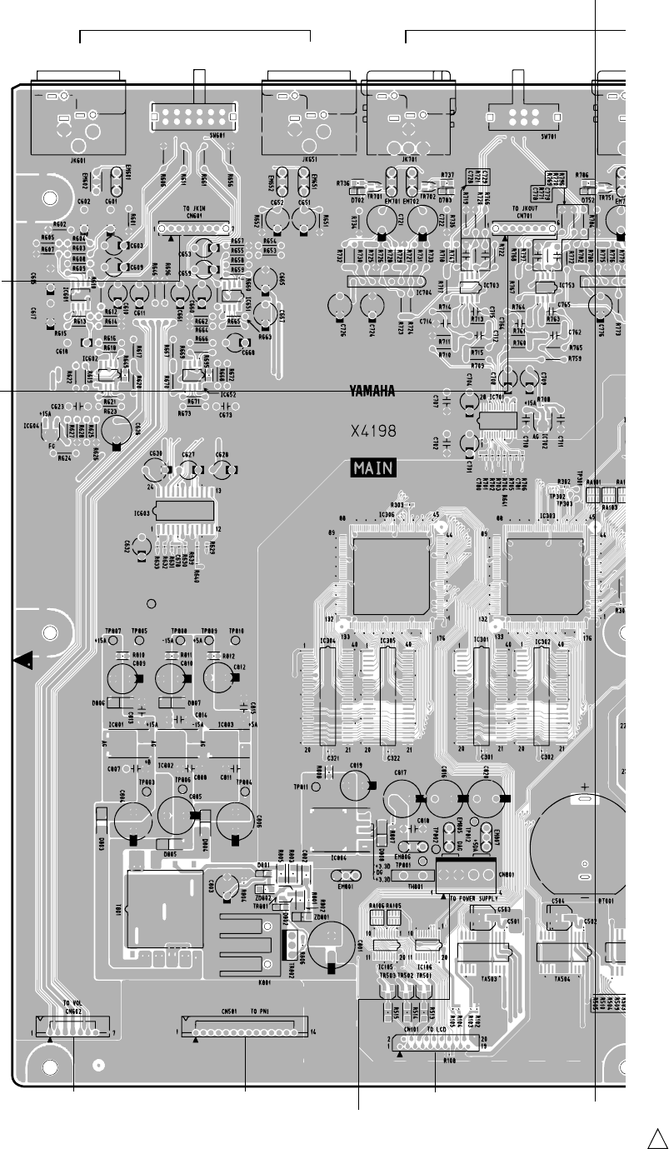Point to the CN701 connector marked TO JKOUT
point(525,227)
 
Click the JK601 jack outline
point(77,117)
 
